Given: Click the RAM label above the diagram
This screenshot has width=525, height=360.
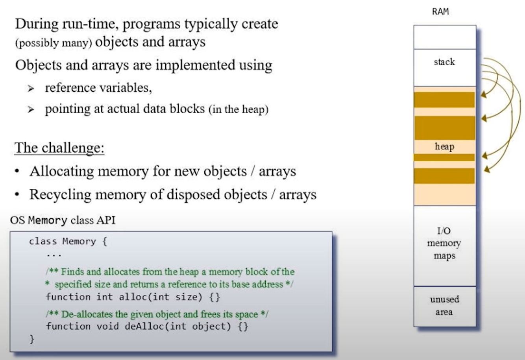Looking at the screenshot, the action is (x=440, y=11).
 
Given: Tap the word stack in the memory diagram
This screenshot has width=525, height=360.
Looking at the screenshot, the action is (x=444, y=62).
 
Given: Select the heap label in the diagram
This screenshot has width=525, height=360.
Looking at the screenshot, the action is (x=444, y=147).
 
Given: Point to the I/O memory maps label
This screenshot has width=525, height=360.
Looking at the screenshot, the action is (x=444, y=243).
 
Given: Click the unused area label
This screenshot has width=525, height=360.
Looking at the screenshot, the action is (x=444, y=306).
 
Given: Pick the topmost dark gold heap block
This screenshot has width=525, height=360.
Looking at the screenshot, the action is (x=444, y=100).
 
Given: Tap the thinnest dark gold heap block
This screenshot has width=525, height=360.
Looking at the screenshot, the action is (x=444, y=157).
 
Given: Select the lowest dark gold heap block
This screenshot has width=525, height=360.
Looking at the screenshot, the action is (x=444, y=176).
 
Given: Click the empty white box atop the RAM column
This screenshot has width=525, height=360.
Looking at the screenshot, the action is (x=444, y=37).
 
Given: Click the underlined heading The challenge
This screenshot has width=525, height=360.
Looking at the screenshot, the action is (x=59, y=148).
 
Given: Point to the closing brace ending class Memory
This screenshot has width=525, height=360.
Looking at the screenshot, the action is (x=32, y=339).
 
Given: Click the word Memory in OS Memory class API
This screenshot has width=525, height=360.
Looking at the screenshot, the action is (x=47, y=220).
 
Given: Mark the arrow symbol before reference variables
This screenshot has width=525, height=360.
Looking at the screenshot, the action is (x=31, y=89).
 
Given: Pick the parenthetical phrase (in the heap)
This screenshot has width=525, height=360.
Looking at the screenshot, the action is (x=238, y=109).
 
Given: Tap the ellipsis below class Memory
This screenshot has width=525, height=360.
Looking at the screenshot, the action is (x=54, y=255).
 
